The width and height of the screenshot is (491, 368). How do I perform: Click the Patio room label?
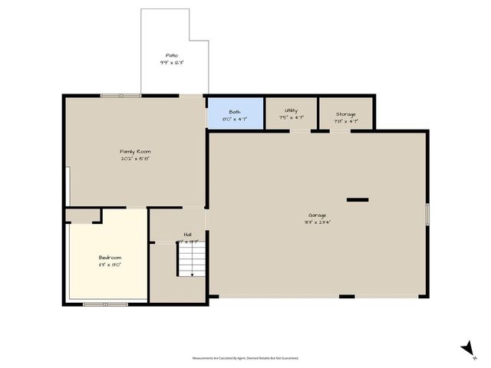click(x=172, y=56)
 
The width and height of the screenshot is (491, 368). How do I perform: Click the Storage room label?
click(x=345, y=114)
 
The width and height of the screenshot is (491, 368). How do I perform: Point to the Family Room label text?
click(x=134, y=152)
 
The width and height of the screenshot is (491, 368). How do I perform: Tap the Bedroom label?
click(x=110, y=258)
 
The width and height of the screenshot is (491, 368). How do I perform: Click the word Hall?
click(x=187, y=235)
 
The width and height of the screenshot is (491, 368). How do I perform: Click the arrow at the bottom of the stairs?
click(x=192, y=273)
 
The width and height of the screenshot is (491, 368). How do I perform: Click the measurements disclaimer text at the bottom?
click(x=245, y=357)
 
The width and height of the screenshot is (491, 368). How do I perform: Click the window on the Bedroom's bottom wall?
click(x=106, y=304)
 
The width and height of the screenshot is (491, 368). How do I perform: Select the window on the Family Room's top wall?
click(x=120, y=95)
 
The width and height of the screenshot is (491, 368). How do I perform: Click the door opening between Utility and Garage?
click(x=300, y=130)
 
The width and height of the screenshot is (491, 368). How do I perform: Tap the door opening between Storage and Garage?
click(x=341, y=130)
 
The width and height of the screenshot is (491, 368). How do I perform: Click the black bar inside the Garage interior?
click(x=358, y=200)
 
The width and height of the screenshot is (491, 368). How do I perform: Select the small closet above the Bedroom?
click(x=83, y=215)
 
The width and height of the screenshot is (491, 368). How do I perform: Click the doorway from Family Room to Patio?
click(x=191, y=95)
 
